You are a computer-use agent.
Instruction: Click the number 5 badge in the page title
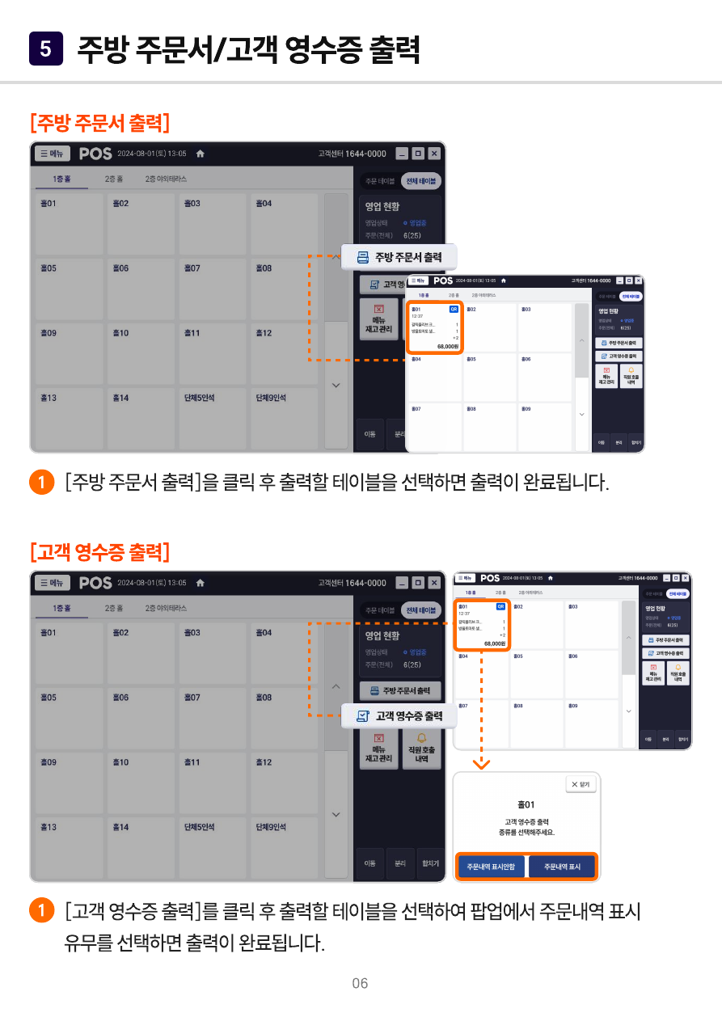click(x=45, y=49)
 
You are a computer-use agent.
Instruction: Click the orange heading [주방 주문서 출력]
click(x=99, y=124)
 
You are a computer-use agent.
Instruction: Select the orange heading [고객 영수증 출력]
click(x=99, y=553)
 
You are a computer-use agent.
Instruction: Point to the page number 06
click(x=360, y=983)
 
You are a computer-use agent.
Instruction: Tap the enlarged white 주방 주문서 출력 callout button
click(x=399, y=257)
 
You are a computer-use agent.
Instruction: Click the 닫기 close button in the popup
click(x=581, y=784)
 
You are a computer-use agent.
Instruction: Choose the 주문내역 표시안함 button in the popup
click(x=491, y=867)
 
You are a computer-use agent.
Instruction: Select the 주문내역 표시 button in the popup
click(x=562, y=867)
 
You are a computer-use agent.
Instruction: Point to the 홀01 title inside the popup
click(x=526, y=805)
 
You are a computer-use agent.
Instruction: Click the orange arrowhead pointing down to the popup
click(x=481, y=763)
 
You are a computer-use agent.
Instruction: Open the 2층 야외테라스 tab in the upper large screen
click(x=166, y=179)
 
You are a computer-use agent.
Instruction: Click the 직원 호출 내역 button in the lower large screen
click(x=421, y=749)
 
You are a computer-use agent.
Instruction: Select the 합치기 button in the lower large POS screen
click(x=430, y=863)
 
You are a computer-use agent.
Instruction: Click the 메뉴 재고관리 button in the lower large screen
click(x=378, y=749)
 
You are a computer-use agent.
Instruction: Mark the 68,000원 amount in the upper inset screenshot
click(x=447, y=346)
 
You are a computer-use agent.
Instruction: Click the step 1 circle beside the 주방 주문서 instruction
click(x=40, y=483)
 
